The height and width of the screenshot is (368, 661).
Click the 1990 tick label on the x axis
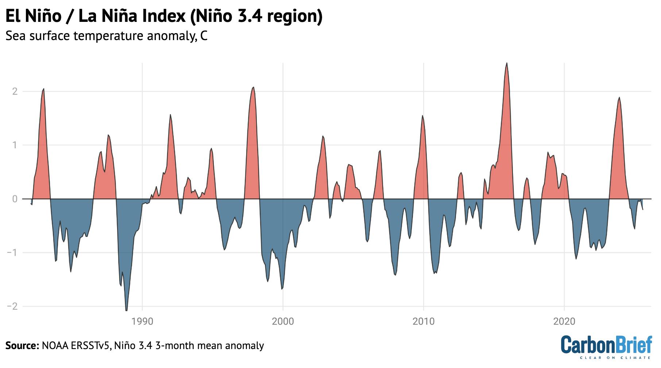click(142, 322)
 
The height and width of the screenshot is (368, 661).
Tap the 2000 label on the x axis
click(283, 322)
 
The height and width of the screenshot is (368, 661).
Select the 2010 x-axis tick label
click(424, 322)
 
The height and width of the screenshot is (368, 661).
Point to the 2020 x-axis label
click(564, 322)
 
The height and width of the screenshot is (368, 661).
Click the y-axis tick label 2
click(15, 91)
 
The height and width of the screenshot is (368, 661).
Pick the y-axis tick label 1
click(15, 145)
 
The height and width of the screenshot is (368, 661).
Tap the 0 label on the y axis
click(15, 199)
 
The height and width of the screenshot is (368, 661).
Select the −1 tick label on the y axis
click(12, 253)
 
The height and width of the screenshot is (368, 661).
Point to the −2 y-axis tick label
click(12, 306)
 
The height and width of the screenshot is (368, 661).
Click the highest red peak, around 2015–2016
click(507, 63)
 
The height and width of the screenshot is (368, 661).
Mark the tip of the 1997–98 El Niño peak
click(254, 87)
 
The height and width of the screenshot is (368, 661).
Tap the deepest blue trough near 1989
click(127, 310)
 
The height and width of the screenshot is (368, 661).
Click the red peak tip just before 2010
click(422, 116)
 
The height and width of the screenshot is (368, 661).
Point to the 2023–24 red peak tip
click(619, 97)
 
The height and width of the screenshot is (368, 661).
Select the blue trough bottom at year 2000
click(282, 289)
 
